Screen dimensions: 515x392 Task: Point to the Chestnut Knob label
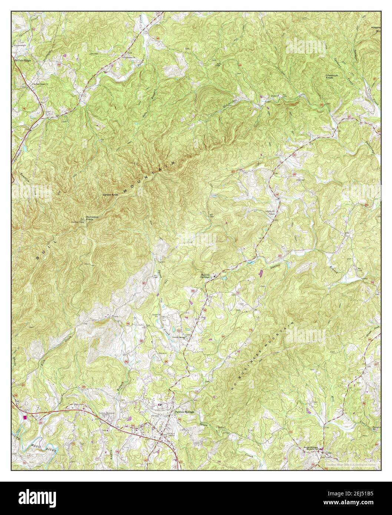tap(330, 76)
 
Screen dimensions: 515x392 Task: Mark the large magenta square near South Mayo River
tap(25, 417)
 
